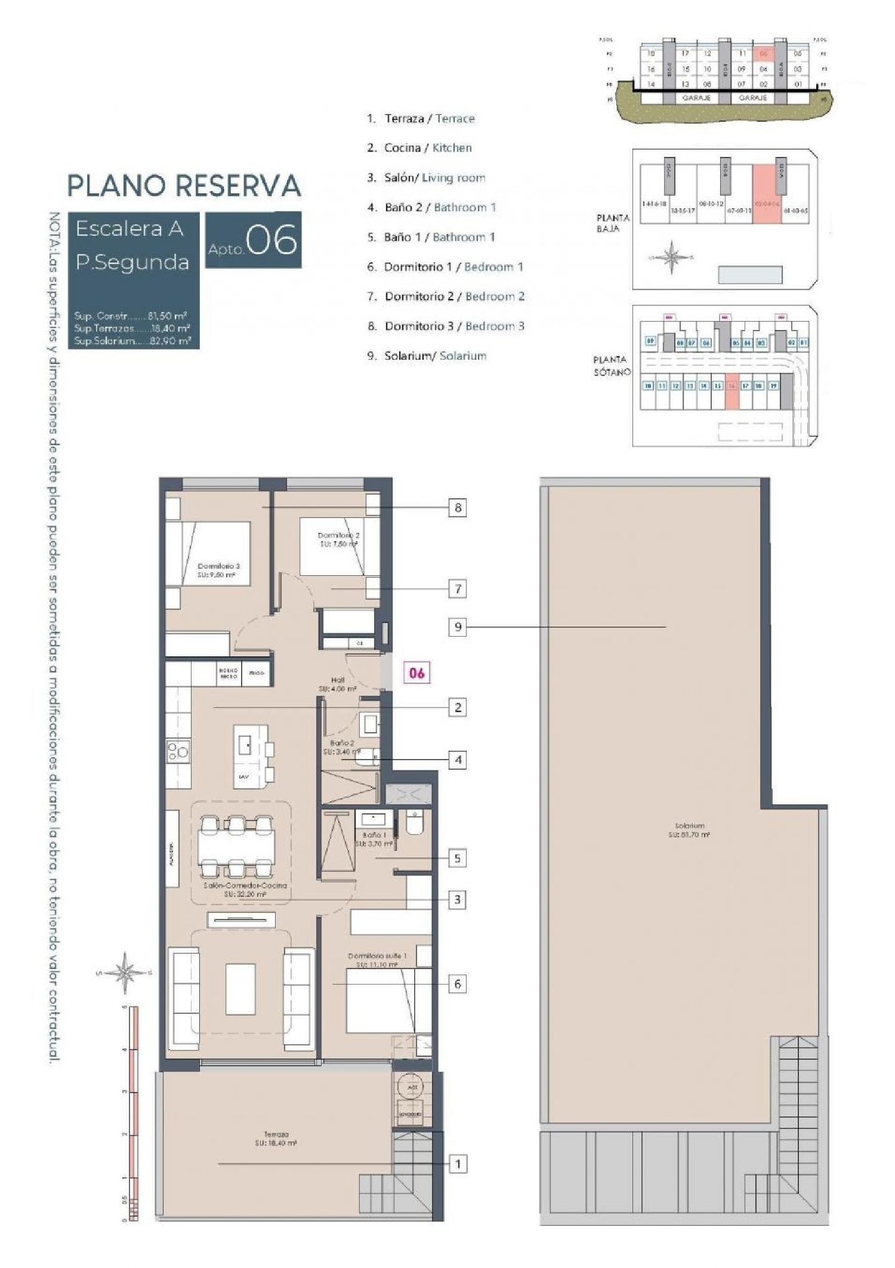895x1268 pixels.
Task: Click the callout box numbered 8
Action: [x=458, y=508]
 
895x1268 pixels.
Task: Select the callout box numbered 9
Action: [x=458, y=627]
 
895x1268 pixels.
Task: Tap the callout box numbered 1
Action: [x=458, y=1164]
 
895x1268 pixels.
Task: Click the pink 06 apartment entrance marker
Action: [x=416, y=673]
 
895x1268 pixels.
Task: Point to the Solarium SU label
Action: [x=689, y=830]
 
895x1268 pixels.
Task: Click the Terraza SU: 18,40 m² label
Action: [x=276, y=1139]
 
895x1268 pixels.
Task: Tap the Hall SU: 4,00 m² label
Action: [x=337, y=684]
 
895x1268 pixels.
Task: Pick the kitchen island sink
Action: [x=245, y=745]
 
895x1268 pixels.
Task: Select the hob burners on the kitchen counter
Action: [x=178, y=752]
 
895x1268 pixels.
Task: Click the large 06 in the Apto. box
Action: [x=271, y=239]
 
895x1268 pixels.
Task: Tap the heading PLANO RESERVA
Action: [x=184, y=186]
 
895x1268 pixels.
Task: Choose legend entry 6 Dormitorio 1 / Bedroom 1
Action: [x=445, y=267]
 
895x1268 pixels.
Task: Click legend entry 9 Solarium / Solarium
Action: [x=427, y=356]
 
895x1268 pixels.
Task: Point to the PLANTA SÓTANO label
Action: [x=611, y=365]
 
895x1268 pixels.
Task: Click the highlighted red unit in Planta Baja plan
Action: [x=766, y=195]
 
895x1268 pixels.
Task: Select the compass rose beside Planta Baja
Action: [x=672, y=258]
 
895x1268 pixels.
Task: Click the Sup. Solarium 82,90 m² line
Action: [x=132, y=341]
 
